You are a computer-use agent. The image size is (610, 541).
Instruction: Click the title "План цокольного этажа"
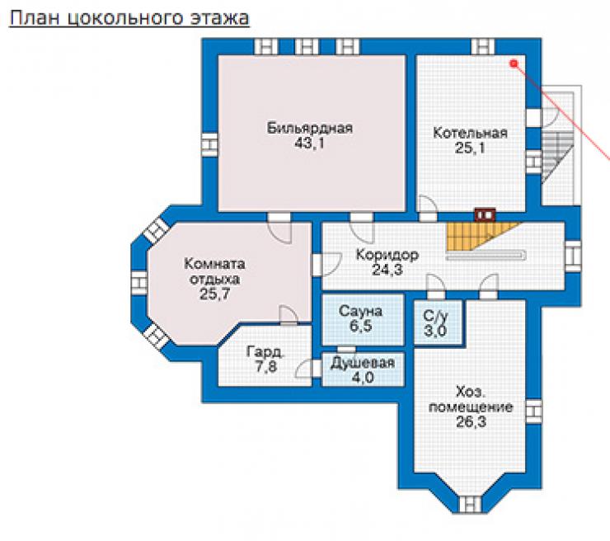point(129,18)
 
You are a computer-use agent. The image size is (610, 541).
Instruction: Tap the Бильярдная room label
point(310,128)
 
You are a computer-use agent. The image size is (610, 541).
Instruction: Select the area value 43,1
point(309,143)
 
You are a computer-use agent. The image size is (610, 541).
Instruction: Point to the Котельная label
point(471,133)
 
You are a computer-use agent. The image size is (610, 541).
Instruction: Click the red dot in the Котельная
point(514,63)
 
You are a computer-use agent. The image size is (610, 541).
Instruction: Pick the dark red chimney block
point(485,214)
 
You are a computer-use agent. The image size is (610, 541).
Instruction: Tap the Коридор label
point(387,255)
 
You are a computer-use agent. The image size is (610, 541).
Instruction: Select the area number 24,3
point(387,270)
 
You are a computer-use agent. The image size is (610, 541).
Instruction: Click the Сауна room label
point(360,312)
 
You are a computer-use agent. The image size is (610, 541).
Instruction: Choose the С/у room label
point(436,316)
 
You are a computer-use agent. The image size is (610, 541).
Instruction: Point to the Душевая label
point(363,363)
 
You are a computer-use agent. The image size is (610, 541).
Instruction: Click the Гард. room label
point(265,352)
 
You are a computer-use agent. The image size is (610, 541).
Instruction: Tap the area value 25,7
point(215,294)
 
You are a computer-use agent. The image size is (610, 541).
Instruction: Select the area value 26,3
point(471,422)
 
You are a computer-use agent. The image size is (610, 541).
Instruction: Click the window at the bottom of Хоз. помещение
point(470,504)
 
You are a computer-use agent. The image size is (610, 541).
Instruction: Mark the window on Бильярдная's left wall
point(209,145)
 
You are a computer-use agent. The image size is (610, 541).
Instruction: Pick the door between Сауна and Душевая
point(346,349)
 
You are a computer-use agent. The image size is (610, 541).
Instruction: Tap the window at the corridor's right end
point(572,256)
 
